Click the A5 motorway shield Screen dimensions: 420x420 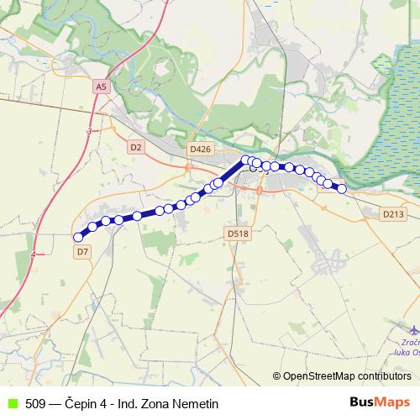pos(101,87)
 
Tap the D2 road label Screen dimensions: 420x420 pos(136,147)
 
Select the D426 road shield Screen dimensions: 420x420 pos(200,149)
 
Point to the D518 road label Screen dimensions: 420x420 pos(238,233)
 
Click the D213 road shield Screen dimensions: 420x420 pos(393,214)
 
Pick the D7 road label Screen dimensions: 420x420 pos(82,250)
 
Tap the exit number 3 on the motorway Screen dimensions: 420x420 pos(88,132)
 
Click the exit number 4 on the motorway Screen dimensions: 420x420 pos(34,254)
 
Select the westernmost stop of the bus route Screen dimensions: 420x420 pos(79,237)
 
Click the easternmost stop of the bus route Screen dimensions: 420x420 pos(342,188)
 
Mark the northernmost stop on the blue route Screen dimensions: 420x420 pos(246,160)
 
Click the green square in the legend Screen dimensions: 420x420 pos(12,403)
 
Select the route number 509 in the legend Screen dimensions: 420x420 pos(36,403)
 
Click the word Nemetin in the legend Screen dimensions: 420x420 pos(195,403)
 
